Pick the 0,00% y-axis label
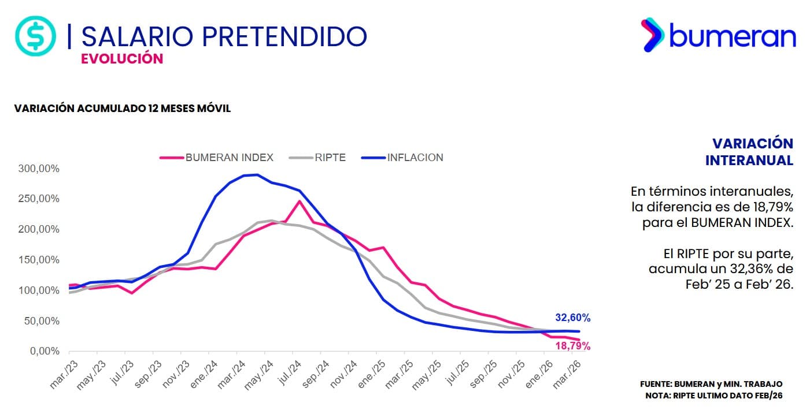pyautogui.click(x=45, y=351)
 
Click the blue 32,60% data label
pyautogui.click(x=572, y=318)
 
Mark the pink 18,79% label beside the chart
pyautogui.click(x=572, y=346)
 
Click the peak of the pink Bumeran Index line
pyautogui.click(x=299, y=201)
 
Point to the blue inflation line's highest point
pyautogui.click(x=257, y=174)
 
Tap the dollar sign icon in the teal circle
pyautogui.click(x=35, y=36)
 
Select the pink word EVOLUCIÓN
pyautogui.click(x=122, y=59)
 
